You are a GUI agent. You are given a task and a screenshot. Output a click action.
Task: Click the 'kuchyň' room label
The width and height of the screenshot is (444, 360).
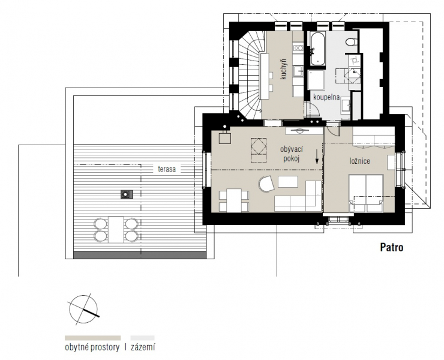tap(283, 69)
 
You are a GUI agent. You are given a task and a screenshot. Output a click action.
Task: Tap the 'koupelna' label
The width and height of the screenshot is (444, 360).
tap(326, 97)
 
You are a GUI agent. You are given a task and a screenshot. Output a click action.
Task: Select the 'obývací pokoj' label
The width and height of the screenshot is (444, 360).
tap(292, 154)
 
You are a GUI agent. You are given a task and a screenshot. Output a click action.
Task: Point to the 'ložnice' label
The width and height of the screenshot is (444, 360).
tap(359, 161)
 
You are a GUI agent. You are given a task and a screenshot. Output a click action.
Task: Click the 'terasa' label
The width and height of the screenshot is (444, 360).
tap(167, 169)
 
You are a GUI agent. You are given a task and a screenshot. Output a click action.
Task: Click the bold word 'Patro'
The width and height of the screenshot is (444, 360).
tap(392, 247)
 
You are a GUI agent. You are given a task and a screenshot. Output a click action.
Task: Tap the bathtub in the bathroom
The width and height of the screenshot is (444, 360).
tap(318, 49)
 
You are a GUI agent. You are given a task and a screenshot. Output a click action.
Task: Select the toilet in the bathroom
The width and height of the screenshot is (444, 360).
tap(352, 42)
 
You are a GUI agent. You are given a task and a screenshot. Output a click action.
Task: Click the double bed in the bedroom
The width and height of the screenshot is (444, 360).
tap(366, 193)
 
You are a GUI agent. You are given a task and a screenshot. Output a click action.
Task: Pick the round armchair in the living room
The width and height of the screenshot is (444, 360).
tap(267, 183)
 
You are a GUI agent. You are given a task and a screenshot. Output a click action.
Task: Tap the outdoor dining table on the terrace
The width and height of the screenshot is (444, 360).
tap(116, 229)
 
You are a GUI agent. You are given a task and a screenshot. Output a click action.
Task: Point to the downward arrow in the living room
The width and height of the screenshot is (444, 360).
tap(317, 157)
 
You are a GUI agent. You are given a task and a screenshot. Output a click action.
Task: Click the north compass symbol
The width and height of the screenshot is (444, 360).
tap(83, 310)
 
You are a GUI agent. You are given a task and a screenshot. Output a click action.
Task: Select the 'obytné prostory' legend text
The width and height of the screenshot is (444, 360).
tap(92, 347)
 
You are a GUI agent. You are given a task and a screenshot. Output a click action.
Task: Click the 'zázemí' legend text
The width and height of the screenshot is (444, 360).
tap(143, 347)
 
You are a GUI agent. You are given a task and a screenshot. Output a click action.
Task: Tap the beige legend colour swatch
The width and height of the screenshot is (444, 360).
tap(92, 338)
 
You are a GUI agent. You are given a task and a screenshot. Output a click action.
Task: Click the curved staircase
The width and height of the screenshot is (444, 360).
tap(250, 76)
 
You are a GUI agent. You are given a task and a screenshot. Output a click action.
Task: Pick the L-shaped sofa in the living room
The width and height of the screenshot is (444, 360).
tap(298, 197)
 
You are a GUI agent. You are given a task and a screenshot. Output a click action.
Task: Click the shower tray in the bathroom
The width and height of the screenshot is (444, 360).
tap(316, 80)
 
